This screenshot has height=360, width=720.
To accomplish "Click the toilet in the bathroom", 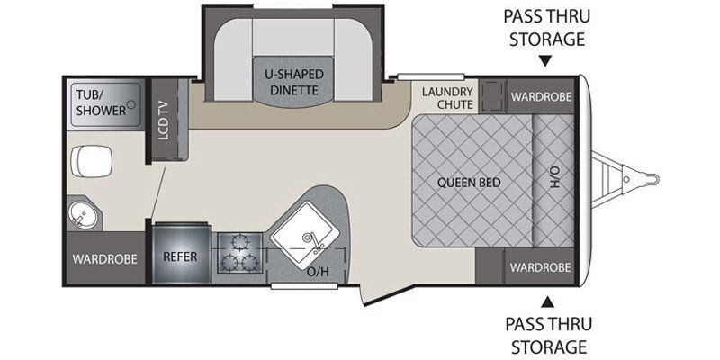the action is point(92,161).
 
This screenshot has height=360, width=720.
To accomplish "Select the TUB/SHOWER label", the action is point(101,103).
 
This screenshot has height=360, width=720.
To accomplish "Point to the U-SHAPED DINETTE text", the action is point(294,82).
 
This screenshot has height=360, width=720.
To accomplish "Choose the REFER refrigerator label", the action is point(180,256).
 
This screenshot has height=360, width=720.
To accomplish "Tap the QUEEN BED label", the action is point(469,183).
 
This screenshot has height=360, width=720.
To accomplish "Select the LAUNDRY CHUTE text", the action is point(447,98).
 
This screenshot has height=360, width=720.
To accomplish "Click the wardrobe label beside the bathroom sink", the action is point(104,259).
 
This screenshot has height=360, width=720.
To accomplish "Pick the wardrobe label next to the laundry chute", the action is point(542,97).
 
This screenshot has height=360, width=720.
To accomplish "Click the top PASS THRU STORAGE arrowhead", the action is point(545,61).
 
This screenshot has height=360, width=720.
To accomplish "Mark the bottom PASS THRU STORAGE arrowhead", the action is point(547,301).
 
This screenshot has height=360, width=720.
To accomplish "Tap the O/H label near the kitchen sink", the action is point(319,272).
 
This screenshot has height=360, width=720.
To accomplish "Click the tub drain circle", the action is point(130,104).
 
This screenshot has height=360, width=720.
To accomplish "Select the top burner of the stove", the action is point(239,241).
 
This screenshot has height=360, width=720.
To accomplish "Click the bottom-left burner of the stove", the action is point(229,263).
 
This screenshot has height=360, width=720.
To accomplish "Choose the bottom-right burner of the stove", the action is point(249,263).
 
